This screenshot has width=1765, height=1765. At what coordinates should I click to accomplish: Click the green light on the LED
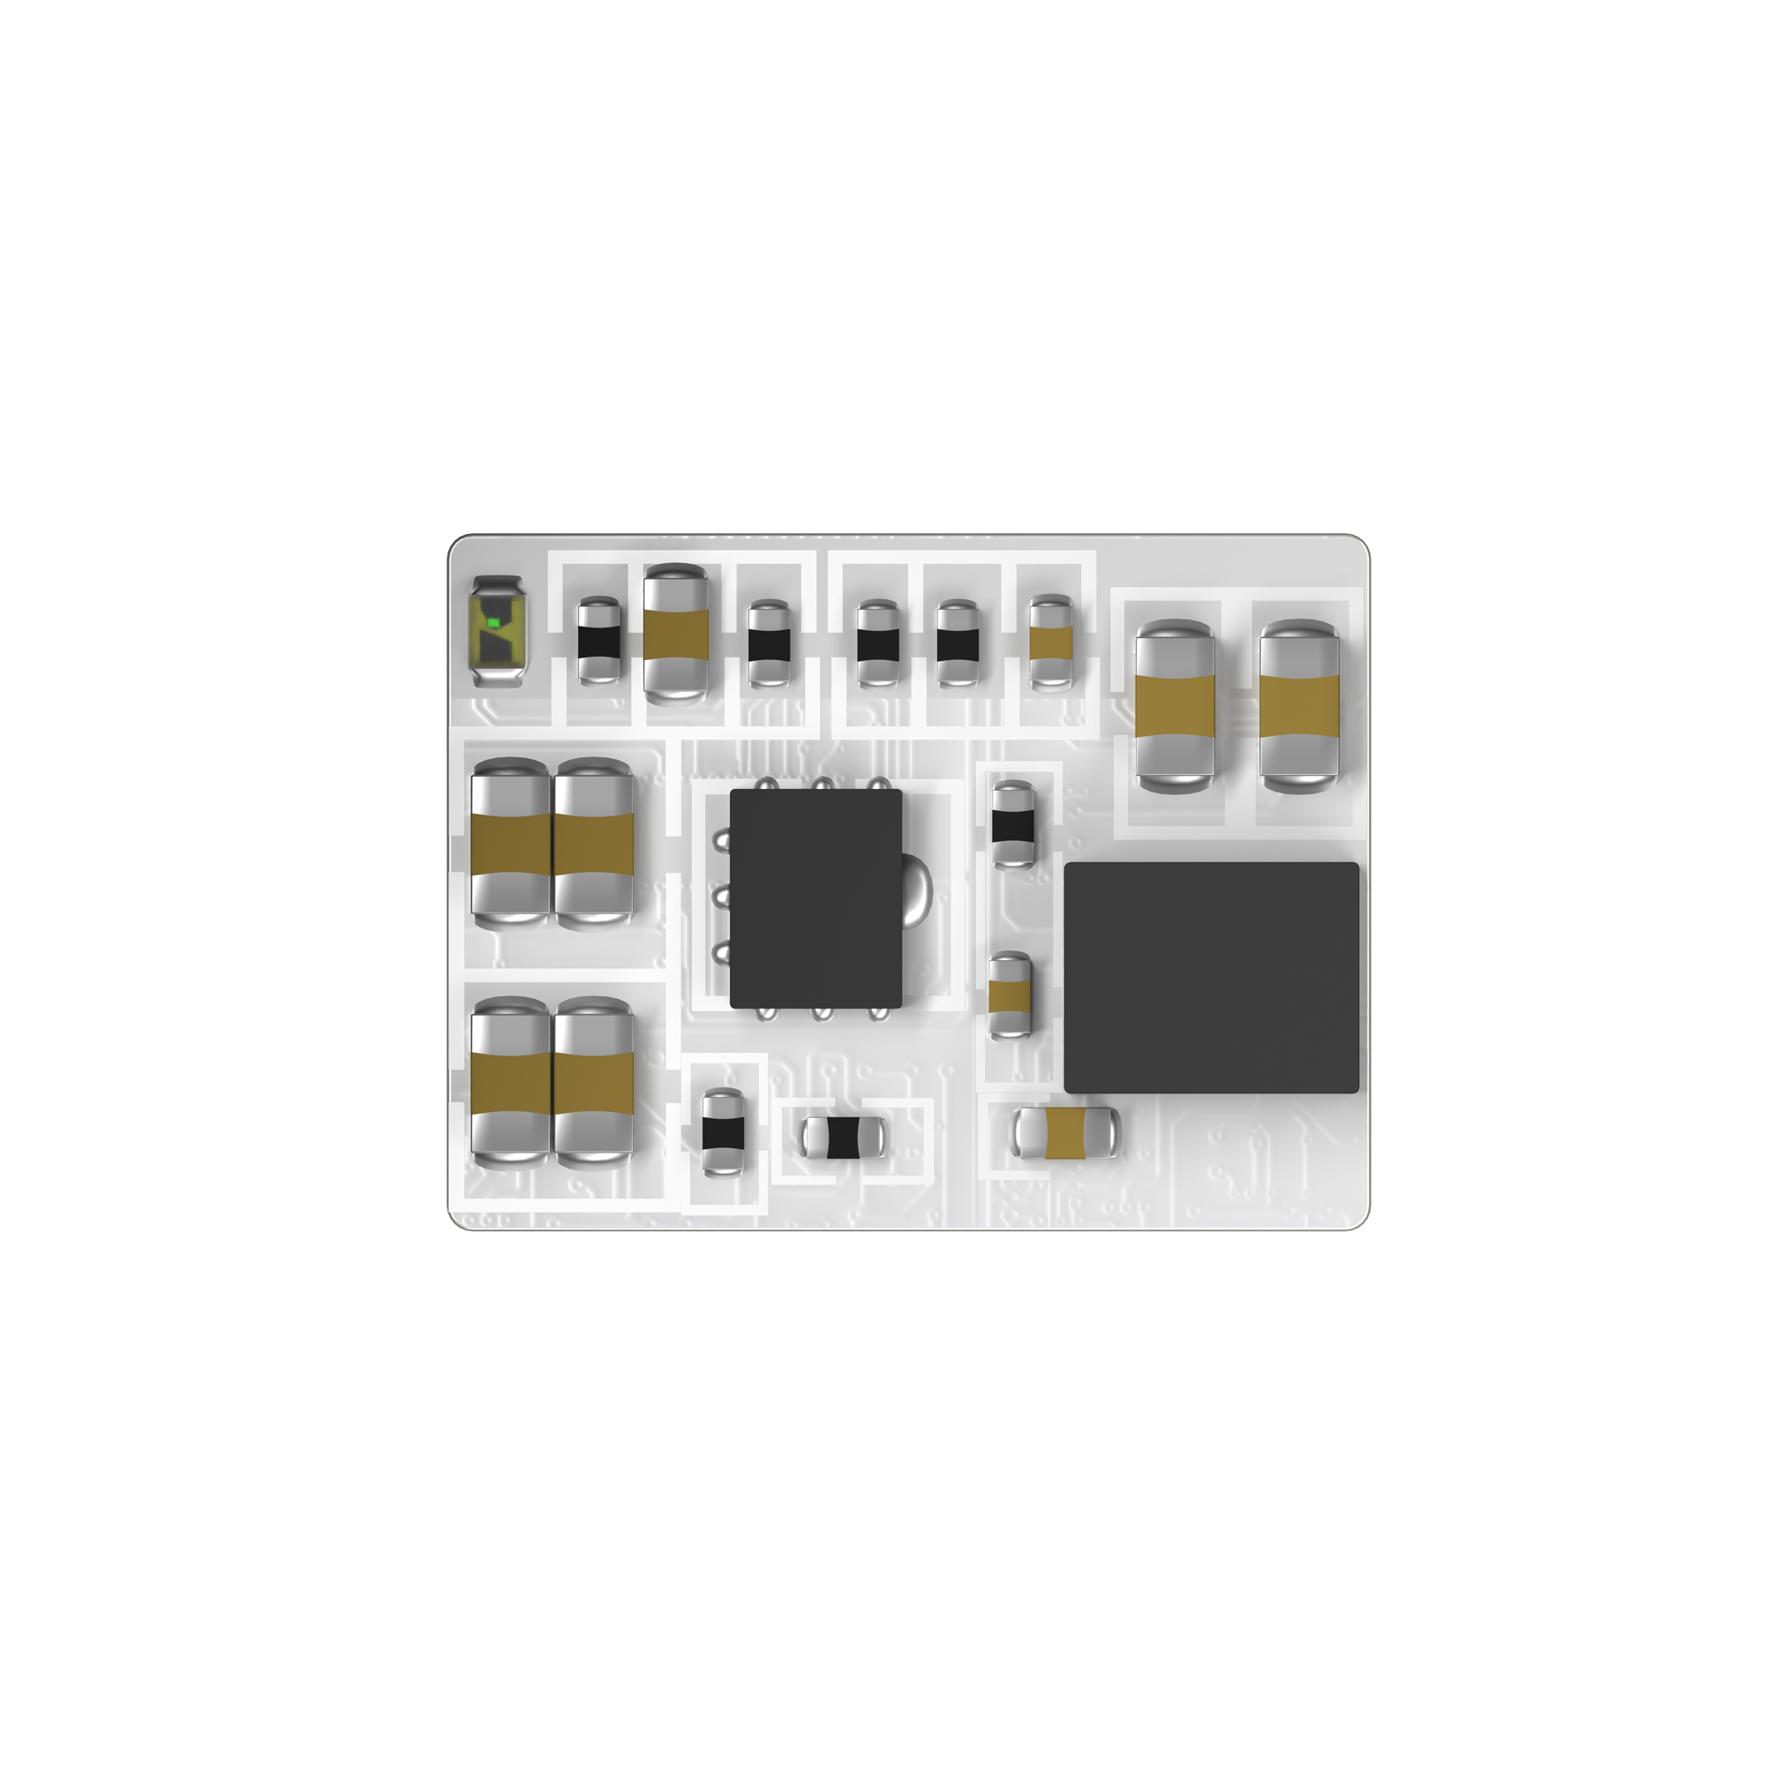tap(493, 622)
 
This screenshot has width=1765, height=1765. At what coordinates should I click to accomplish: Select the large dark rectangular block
tap(1212, 977)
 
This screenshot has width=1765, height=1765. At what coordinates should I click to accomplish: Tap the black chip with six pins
tap(815, 899)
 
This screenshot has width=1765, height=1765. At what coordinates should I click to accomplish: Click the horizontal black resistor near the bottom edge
tap(842, 1138)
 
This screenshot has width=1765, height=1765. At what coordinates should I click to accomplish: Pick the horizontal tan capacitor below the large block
tap(1065, 1133)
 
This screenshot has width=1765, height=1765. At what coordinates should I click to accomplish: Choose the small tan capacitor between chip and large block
tap(1010, 995)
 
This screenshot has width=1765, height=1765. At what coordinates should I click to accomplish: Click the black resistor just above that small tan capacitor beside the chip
tap(1012, 825)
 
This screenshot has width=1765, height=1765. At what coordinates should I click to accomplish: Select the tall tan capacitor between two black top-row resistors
tap(675, 634)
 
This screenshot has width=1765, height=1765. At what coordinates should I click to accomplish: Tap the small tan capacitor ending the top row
tap(1050, 642)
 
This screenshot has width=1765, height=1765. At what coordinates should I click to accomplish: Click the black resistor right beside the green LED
tap(599, 642)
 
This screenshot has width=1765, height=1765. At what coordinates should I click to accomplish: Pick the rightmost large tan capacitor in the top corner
tap(1299, 706)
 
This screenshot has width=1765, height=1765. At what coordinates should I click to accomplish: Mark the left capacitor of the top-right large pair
tap(1175, 706)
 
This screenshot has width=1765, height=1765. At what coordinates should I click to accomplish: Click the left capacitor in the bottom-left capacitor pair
tap(511, 1083)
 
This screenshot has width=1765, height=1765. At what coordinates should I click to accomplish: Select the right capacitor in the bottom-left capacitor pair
tap(594, 1083)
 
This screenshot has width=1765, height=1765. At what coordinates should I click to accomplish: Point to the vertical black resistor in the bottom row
tap(723, 1133)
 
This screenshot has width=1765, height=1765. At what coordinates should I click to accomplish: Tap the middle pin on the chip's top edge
tap(823, 785)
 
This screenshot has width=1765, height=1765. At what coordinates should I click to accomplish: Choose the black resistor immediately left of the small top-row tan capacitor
tap(958, 644)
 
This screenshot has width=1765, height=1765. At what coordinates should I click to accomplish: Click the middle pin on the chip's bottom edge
tap(823, 1013)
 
